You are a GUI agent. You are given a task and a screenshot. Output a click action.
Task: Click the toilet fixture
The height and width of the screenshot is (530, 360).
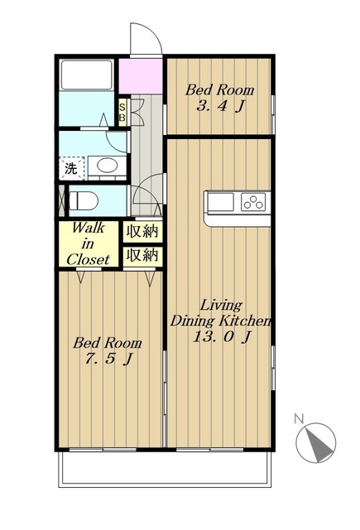click(84, 200)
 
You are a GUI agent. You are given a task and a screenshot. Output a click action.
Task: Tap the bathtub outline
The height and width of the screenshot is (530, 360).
click(86, 75)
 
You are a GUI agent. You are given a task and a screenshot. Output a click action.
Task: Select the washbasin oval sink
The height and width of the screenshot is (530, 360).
click(108, 166)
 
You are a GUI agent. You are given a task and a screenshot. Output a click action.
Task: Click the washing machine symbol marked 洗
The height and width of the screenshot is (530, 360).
click(71, 168)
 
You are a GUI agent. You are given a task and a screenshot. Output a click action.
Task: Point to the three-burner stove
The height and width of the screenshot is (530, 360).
click(253, 202)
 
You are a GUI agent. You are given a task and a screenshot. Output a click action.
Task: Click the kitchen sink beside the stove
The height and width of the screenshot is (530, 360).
click(220, 202)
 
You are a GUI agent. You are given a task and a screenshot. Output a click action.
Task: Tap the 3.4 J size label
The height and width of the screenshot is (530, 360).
click(220, 107)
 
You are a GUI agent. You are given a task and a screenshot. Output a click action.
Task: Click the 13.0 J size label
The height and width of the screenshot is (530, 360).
click(222, 337)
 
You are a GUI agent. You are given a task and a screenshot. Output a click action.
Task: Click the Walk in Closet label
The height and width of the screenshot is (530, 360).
click(89, 243)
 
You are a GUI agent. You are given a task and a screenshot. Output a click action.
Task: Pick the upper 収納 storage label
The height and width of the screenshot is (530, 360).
click(142, 232)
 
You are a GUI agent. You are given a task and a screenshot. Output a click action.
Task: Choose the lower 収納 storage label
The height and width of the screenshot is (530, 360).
click(142, 255)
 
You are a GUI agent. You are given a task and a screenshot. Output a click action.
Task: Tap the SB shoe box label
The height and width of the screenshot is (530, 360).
click(122, 113)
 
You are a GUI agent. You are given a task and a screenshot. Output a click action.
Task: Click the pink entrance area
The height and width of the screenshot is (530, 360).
click(142, 76)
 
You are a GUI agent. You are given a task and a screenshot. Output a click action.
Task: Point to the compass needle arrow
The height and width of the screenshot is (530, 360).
click(318, 443)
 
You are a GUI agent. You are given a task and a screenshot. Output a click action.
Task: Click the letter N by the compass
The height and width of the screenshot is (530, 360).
click(299, 419)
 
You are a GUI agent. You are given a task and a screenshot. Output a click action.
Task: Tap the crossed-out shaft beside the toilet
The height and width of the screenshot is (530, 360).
click(62, 200)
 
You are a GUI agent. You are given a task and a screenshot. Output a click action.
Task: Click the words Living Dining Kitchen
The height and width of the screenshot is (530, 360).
click(221, 314)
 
